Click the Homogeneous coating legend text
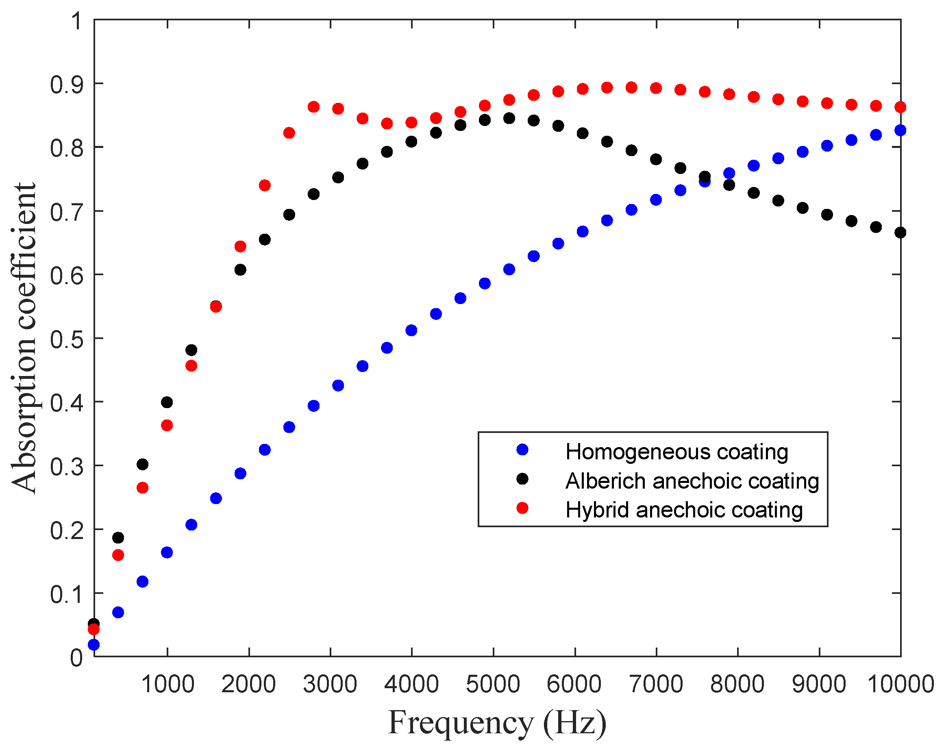(x=676, y=452)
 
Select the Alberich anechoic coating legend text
(x=692, y=481)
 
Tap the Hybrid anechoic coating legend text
(x=684, y=510)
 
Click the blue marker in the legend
(x=522, y=450)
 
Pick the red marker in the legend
(x=522, y=508)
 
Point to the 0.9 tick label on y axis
(x=66, y=85)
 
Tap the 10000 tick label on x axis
(x=900, y=684)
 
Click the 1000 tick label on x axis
(x=167, y=684)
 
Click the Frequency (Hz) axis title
(x=497, y=723)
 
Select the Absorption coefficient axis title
(x=24, y=338)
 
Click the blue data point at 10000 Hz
(x=900, y=130)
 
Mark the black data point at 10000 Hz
(x=900, y=233)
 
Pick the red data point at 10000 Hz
(x=900, y=107)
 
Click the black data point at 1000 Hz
(x=167, y=402)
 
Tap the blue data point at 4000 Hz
(x=411, y=330)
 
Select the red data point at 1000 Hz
(x=167, y=426)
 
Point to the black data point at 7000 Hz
(x=655, y=159)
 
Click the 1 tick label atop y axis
(x=76, y=21)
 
